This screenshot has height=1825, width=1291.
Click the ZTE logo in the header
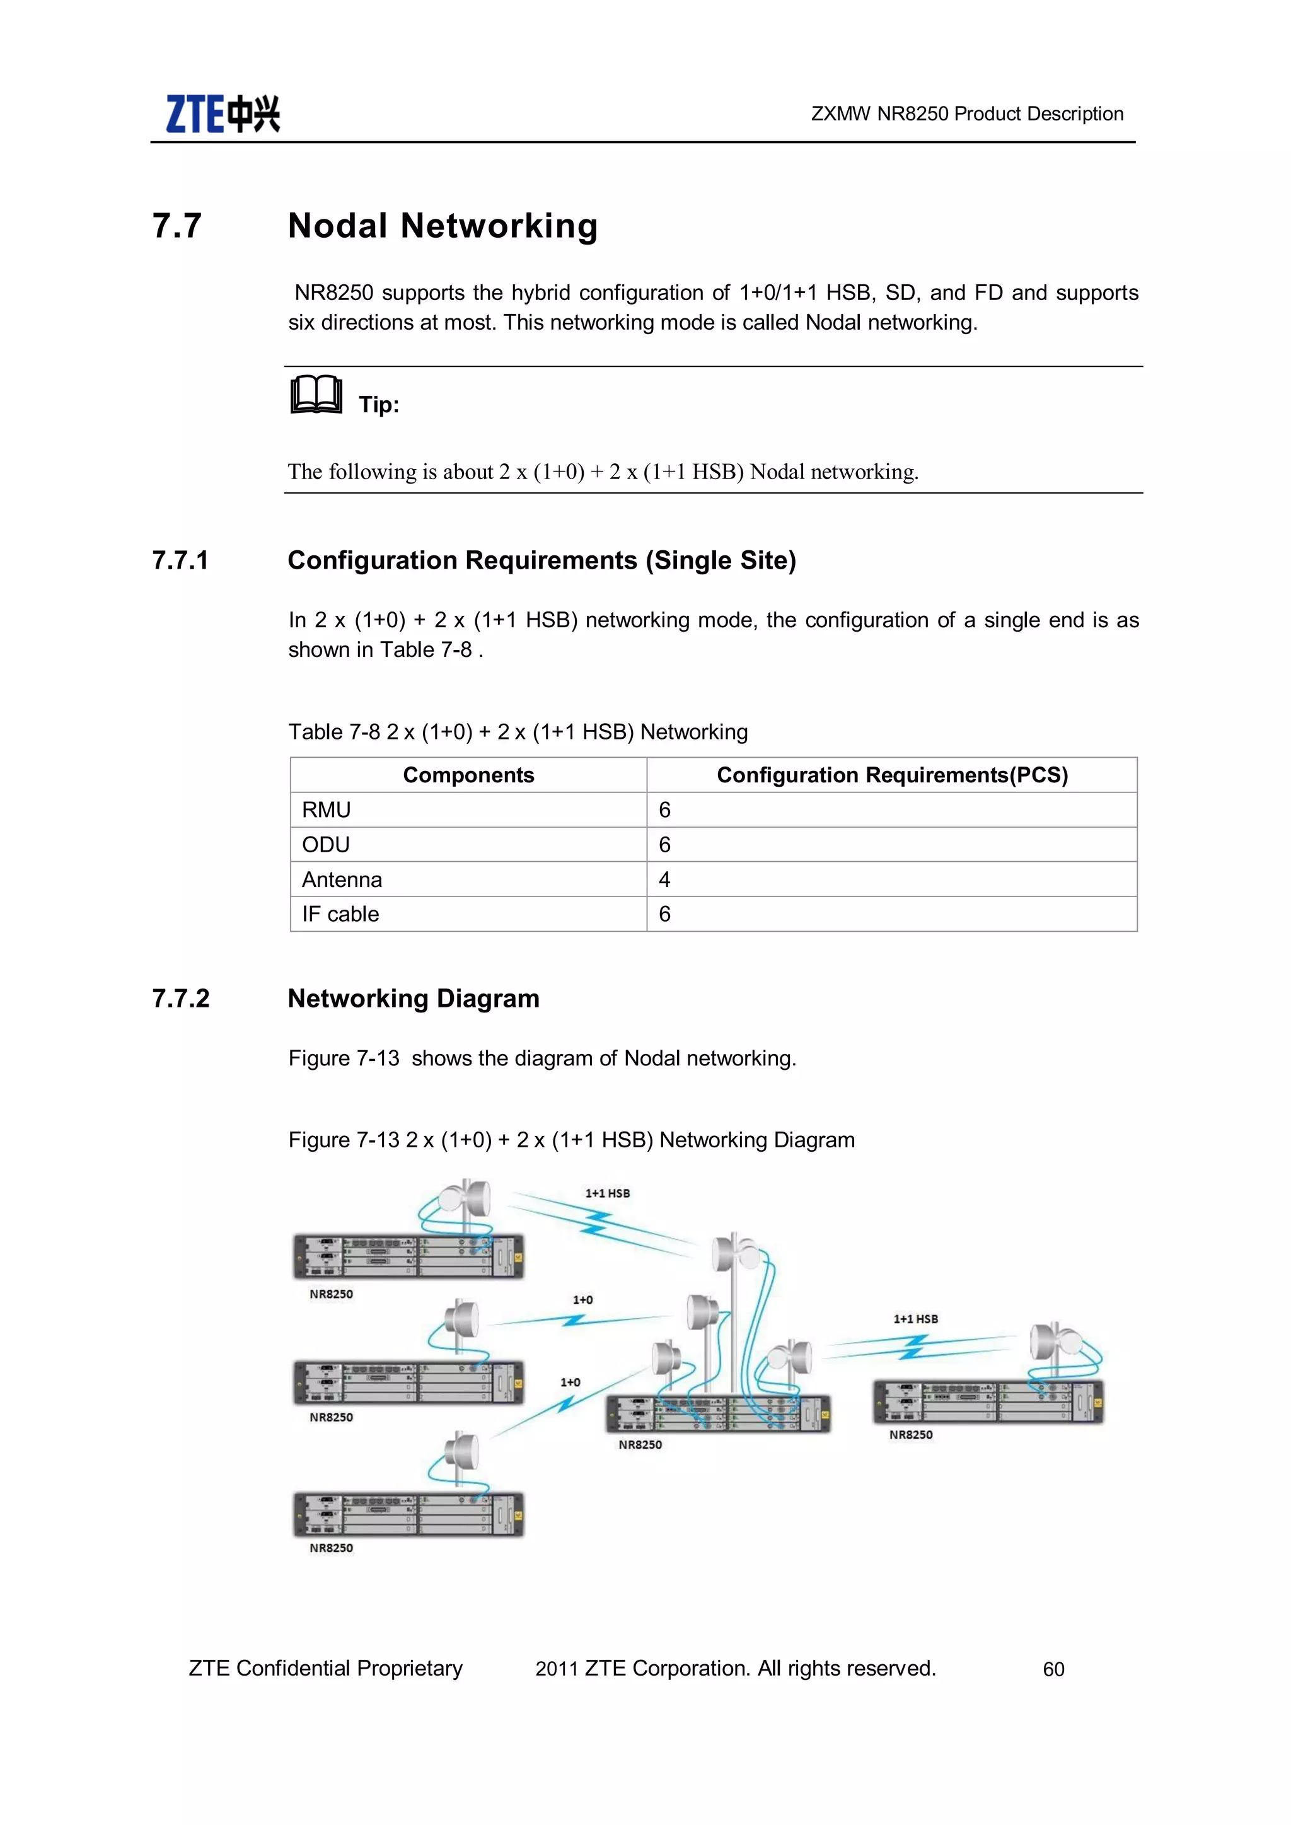[223, 113]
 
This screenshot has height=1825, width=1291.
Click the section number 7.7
[177, 226]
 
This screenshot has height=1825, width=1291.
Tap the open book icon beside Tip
[316, 395]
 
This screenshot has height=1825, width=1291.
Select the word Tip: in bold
[378, 405]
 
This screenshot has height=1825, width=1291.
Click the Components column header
[468, 775]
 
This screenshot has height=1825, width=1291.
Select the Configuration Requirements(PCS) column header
[892, 775]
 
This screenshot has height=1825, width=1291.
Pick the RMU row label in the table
[326, 810]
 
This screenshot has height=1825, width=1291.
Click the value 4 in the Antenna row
[664, 879]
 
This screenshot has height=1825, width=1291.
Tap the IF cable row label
[340, 914]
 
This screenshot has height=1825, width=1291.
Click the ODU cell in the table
[326, 845]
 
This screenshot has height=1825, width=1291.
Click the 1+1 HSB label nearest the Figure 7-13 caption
[607, 1193]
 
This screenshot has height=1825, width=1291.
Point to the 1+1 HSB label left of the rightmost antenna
[915, 1319]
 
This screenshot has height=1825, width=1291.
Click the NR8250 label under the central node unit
[640, 1444]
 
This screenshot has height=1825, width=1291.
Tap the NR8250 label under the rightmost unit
[910, 1435]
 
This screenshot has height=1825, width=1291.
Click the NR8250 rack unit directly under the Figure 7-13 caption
[408, 1256]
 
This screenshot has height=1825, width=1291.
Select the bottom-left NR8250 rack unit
[408, 1514]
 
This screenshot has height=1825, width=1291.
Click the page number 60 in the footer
[1053, 1669]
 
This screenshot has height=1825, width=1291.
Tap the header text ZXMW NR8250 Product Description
[966, 113]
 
